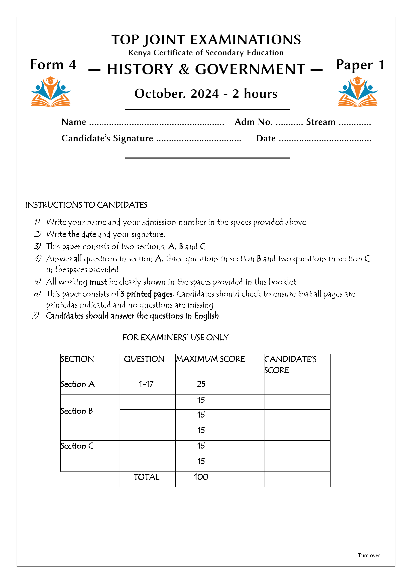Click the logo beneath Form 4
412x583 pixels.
[51, 91]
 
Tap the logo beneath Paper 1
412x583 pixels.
[357, 91]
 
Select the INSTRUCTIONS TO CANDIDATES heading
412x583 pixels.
[86, 205]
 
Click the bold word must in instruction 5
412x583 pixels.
[98, 282]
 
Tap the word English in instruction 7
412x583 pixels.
[206, 316]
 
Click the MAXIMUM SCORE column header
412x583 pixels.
[210, 359]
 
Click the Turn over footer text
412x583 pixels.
[369, 555]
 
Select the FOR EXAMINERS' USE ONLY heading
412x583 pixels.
[175, 338]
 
